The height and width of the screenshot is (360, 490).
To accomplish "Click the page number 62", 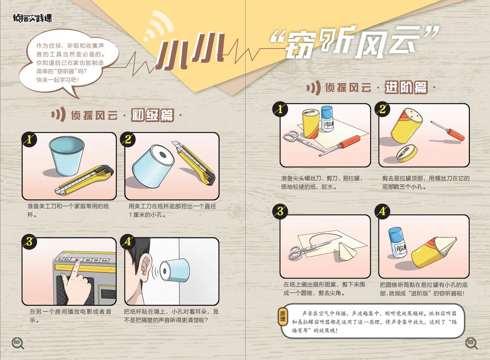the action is click(17, 342).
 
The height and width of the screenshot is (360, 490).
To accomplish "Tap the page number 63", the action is click(470, 342).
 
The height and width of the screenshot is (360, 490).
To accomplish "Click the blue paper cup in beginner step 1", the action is click(66, 156).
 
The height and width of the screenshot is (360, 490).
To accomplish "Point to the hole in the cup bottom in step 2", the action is click(163, 155).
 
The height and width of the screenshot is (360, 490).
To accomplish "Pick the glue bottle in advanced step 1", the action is click(327, 119).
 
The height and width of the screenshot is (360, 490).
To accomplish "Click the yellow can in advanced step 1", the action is click(311, 124).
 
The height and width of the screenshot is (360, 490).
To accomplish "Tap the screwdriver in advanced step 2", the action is click(448, 131).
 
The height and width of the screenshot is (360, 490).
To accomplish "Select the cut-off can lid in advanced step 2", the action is click(407, 153).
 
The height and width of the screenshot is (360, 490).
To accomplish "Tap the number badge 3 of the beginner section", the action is click(29, 242).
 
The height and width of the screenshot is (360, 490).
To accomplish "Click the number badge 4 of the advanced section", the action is click(382, 212).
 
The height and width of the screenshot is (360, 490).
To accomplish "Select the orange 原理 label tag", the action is click(282, 316).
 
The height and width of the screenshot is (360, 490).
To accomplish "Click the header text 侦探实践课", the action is click(33, 18).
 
